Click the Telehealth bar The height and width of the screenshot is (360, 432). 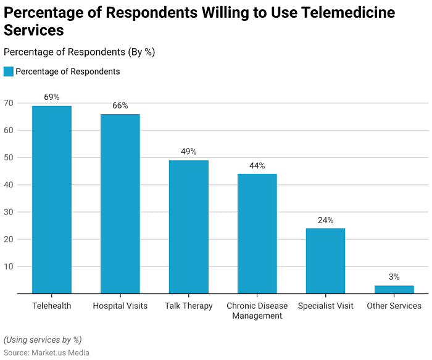click(x=52, y=200)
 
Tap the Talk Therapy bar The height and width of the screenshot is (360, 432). click(x=189, y=227)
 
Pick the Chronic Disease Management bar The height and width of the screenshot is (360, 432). click(x=257, y=234)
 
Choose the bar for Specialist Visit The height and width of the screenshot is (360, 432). click(x=325, y=261)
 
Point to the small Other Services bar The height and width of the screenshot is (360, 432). click(x=394, y=290)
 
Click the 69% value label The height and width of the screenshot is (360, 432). click(x=52, y=97)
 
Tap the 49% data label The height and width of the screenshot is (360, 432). click(x=189, y=152)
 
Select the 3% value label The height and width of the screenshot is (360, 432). click(x=394, y=277)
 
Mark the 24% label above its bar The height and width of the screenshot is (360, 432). click(x=325, y=220)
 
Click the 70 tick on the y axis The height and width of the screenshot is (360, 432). click(x=9, y=103)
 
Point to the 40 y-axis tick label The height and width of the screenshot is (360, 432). click(x=9, y=185)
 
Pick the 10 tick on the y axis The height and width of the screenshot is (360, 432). click(x=9, y=267)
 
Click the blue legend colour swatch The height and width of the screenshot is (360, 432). click(x=8, y=72)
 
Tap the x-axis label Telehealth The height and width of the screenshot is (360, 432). click(x=52, y=306)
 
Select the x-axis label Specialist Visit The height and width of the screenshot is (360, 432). click(x=325, y=306)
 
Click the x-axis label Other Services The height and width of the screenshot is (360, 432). click(x=394, y=306)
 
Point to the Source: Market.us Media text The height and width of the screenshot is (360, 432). click(x=46, y=353)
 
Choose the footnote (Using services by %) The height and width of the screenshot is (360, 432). click(x=42, y=340)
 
